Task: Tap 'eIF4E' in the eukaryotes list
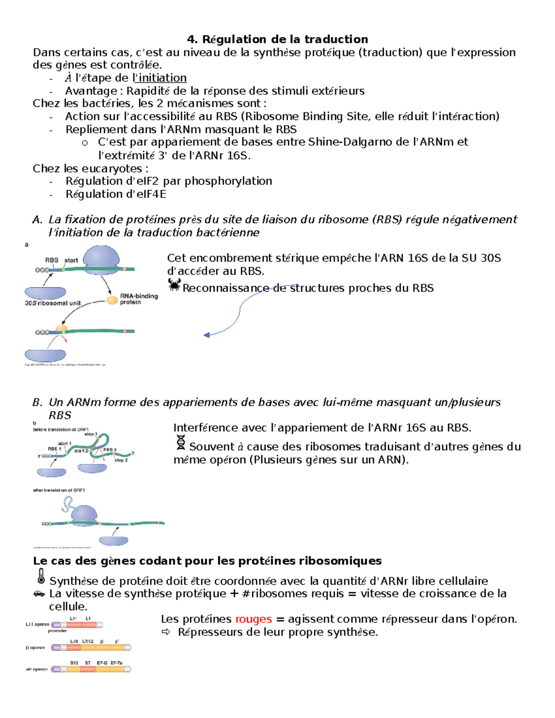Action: [150, 194]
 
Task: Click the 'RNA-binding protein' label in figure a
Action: [139, 299]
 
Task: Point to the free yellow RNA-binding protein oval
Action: [112, 301]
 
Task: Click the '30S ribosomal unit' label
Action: [53, 303]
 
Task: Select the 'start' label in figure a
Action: [71, 260]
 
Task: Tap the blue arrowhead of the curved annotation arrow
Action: [207, 335]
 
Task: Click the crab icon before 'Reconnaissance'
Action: [174, 285]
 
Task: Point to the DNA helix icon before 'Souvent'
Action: [181, 442]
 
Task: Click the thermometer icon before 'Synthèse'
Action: [41, 577]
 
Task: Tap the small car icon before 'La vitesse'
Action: [39, 594]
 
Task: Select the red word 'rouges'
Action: [253, 619]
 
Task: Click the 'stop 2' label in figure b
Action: [121, 460]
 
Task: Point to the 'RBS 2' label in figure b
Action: [110, 449]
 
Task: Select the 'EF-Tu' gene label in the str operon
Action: [117, 663]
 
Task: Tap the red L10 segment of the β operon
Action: [74, 647]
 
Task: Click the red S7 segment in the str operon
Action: [88, 669]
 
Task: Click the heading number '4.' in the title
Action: [192, 39]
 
